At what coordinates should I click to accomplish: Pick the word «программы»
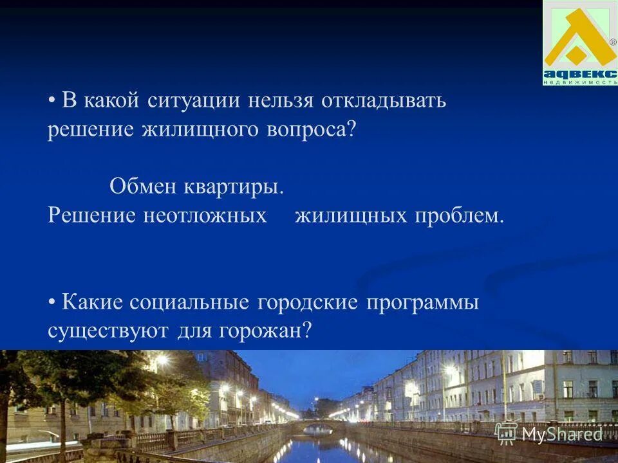423,303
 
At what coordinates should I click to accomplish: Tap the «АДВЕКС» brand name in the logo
580,73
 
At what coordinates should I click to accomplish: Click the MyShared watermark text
561,435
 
